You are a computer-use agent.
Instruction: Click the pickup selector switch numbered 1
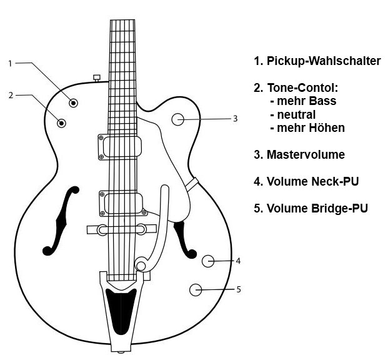click(74, 102)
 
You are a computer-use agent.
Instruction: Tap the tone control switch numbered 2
click(62, 122)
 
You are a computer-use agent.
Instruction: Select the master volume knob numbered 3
click(179, 119)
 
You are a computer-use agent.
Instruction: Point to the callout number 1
click(11, 63)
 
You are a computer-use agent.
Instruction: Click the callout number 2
click(11, 95)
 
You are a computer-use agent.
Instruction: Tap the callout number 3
click(235, 118)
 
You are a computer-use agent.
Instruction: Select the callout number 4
click(239, 261)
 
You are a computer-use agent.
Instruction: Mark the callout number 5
click(239, 289)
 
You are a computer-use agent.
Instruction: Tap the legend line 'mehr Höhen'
click(307, 127)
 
